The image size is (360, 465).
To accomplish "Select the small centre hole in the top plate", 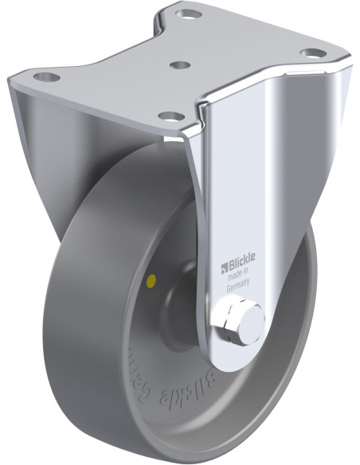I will click(x=181, y=65).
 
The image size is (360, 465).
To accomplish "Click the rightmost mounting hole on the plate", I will click(x=311, y=53).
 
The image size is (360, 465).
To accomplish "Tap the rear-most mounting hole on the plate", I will click(x=190, y=14).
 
